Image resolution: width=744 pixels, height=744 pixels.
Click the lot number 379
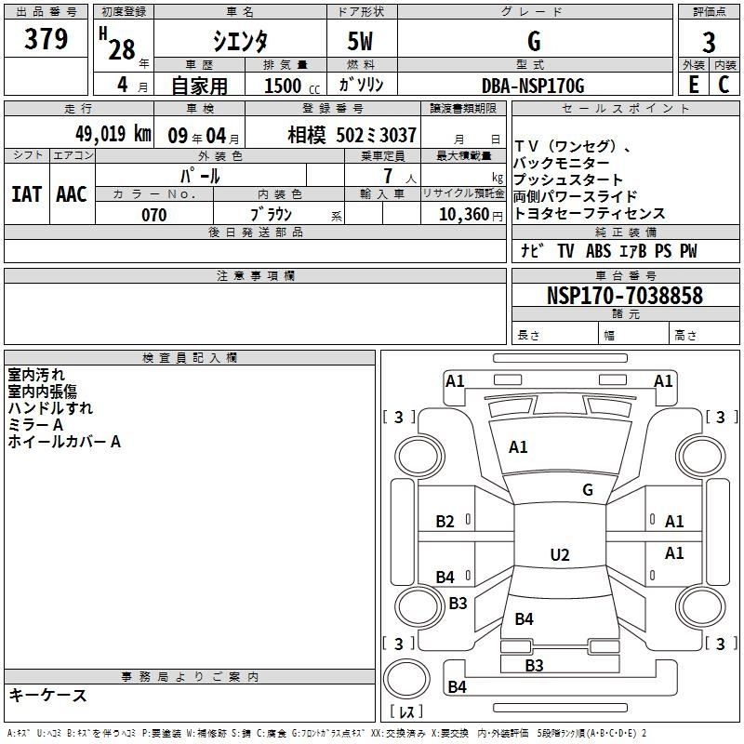coord(46,38)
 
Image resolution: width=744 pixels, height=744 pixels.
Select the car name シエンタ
coord(240,41)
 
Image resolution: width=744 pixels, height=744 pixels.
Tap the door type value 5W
coord(360,41)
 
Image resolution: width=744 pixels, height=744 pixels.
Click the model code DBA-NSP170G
coord(533,86)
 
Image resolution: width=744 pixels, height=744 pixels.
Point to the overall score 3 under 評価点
coord(709,43)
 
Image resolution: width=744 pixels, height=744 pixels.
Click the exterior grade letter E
coord(694,85)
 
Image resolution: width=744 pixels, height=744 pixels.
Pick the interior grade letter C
coord(724,85)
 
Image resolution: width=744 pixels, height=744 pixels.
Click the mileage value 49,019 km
coord(113,134)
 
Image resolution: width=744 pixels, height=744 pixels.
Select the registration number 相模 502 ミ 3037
coord(352,135)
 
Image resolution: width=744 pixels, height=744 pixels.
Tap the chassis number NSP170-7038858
coord(624,296)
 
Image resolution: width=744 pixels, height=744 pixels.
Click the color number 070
coord(154,215)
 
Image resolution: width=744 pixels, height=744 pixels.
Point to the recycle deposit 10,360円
coord(471,215)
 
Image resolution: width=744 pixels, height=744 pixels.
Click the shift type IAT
coord(27,194)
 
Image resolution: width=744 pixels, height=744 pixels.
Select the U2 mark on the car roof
coord(560,554)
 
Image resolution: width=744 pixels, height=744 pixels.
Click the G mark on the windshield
coord(588,490)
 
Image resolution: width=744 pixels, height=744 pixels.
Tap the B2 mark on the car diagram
coord(445,522)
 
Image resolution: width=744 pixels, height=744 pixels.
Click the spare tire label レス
coord(406,711)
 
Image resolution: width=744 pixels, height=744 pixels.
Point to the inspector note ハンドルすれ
coord(50,408)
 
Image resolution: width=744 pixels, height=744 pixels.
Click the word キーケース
coord(48,695)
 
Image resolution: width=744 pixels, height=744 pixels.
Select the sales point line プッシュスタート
coord(568,179)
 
